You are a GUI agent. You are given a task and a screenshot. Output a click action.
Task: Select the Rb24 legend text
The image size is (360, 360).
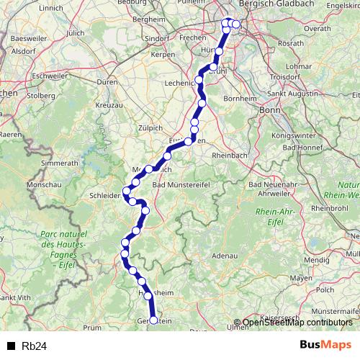[35, 346]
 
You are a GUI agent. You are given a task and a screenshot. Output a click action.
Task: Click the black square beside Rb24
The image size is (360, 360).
[11, 346]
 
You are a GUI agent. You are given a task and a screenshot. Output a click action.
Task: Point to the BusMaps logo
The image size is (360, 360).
[326, 345]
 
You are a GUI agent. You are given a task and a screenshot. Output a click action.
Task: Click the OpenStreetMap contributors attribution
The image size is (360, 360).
[297, 323]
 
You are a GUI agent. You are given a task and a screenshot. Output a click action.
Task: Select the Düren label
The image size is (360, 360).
[106, 83]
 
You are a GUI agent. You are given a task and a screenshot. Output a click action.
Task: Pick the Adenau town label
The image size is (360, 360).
[225, 256]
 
